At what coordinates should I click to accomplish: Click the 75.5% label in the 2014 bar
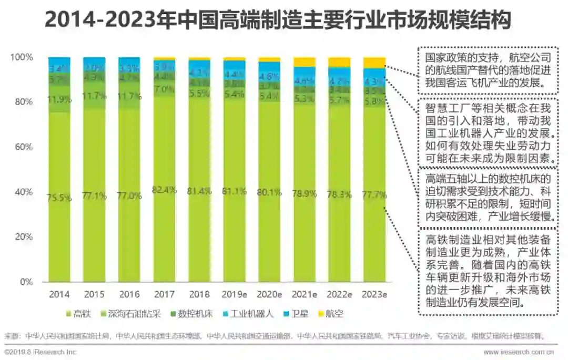point(59,198)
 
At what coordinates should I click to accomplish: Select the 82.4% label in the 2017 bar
point(164,190)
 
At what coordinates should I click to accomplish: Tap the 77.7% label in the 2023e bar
point(374,195)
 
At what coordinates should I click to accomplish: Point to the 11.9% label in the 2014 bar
point(59,99)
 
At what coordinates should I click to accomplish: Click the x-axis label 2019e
point(234,295)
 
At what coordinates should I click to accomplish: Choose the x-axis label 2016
point(129,295)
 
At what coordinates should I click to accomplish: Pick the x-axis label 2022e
point(339,295)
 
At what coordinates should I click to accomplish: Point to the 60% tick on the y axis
point(24,147)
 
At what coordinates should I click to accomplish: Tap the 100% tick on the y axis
point(22,57)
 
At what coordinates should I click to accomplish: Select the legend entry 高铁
point(78,314)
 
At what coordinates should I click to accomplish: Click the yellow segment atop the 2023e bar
point(374,63)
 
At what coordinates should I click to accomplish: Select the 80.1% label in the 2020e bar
point(269,192)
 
